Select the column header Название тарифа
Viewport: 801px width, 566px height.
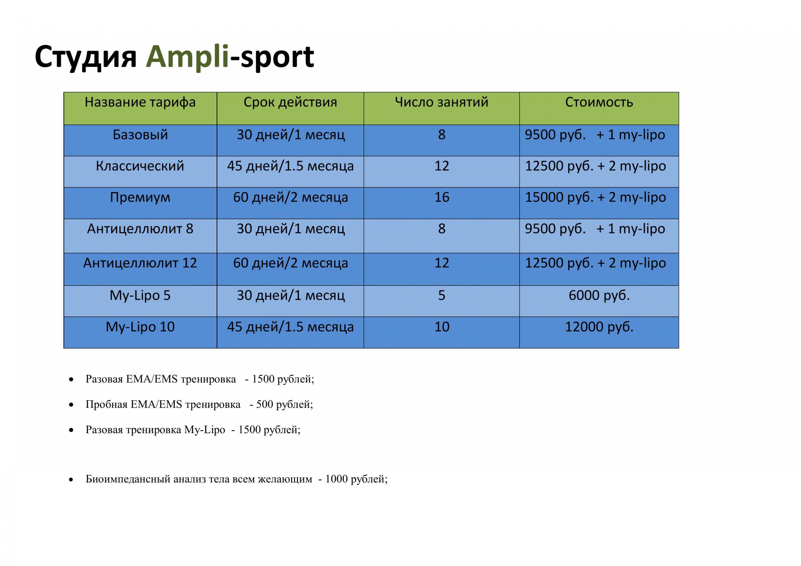(x=140, y=102)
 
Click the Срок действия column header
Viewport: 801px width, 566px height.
(x=290, y=102)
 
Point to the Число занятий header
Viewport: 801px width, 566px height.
(x=442, y=102)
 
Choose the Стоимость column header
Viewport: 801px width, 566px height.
(x=599, y=102)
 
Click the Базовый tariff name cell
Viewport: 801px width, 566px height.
(x=140, y=135)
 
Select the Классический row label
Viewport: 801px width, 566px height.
(x=140, y=166)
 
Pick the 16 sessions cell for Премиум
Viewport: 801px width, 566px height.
(x=442, y=197)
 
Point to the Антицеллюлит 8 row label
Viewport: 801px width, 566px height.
(x=140, y=229)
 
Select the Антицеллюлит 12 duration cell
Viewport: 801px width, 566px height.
(x=291, y=263)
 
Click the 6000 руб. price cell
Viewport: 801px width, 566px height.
(x=599, y=296)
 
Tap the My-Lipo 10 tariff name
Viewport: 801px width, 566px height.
(x=140, y=327)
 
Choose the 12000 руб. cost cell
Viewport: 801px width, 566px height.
(x=599, y=327)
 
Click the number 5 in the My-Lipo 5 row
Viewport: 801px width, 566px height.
(x=442, y=296)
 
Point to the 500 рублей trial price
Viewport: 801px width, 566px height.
(x=284, y=404)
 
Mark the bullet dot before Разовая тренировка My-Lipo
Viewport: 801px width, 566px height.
(x=71, y=431)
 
